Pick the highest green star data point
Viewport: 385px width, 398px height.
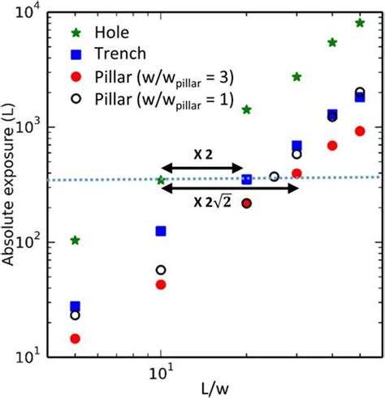[360, 23]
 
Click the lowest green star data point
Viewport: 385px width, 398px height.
[76, 240]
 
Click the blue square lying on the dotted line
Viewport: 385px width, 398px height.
[248, 179]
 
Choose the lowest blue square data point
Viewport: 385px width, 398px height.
[76, 306]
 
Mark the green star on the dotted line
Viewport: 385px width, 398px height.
[161, 180]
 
